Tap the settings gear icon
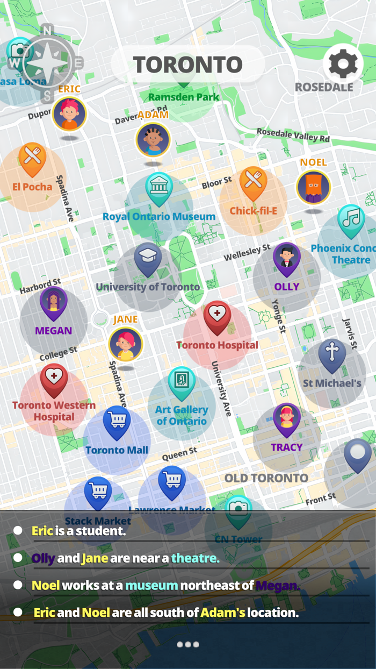click(343, 64)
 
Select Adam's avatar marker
click(153, 140)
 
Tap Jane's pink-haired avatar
click(126, 344)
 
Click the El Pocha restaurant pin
click(33, 159)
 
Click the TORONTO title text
click(188, 65)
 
